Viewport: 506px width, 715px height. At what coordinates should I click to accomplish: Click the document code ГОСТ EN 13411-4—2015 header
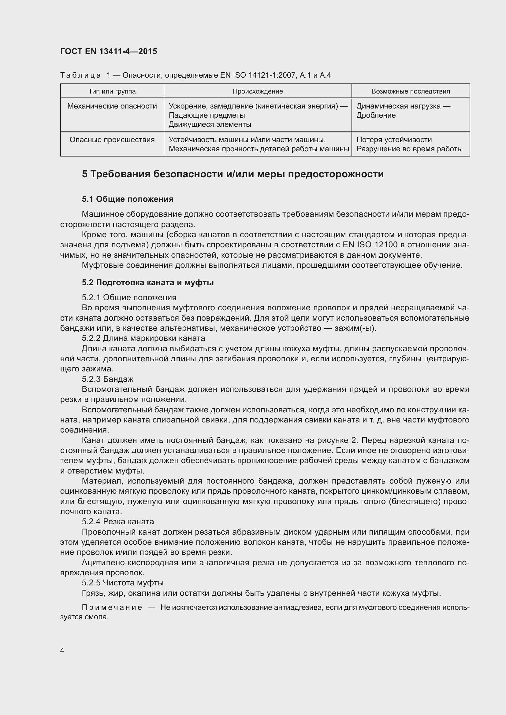[x=108, y=51]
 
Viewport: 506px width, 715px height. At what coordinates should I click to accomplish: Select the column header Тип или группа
[x=112, y=91]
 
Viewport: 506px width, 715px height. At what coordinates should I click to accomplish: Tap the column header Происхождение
[x=258, y=91]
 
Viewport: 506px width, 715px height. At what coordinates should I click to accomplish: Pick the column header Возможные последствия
[x=410, y=91]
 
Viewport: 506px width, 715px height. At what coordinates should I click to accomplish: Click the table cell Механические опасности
[x=112, y=106]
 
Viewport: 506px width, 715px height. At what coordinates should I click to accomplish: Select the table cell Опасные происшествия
[x=112, y=139]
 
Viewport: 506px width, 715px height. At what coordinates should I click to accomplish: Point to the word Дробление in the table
[x=376, y=115]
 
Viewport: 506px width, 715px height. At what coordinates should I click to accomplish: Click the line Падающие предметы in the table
[x=206, y=115]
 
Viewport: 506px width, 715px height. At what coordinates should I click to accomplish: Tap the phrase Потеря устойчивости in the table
[x=394, y=139]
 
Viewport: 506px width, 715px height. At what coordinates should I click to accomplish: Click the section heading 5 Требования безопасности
[x=233, y=174]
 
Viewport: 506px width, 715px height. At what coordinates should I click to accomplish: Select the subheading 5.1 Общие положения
[x=128, y=199]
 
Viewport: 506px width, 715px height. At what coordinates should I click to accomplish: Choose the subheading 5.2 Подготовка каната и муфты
[x=148, y=282]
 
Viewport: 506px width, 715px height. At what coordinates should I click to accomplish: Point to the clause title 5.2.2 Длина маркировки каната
[x=143, y=338]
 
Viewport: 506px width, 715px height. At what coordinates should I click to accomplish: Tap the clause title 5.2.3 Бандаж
[x=107, y=379]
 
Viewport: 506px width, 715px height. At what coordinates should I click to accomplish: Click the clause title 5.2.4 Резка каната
[x=118, y=521]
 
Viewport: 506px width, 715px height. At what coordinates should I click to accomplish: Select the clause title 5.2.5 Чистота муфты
[x=122, y=582]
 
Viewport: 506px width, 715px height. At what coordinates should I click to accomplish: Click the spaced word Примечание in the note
[x=112, y=607]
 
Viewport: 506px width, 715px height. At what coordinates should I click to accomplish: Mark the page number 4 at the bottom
[x=62, y=650]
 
